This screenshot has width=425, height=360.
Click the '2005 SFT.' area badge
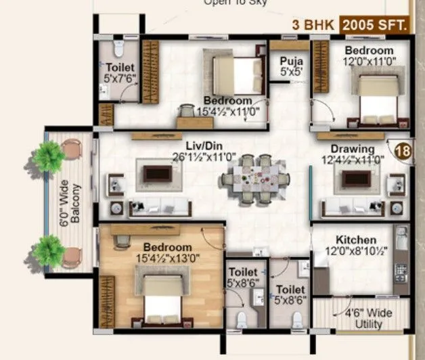[x=376, y=26]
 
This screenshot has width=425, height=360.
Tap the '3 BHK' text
[x=314, y=26]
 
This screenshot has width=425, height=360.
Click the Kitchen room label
[x=356, y=240]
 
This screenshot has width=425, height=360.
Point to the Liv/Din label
[x=203, y=146]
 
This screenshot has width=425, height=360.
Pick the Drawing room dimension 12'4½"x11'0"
[x=353, y=160]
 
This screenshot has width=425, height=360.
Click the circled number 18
[x=404, y=150]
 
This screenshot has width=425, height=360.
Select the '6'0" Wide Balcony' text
[x=70, y=203]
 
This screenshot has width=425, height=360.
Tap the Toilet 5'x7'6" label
[x=120, y=72]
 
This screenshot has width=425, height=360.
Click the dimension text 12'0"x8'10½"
[x=356, y=252]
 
